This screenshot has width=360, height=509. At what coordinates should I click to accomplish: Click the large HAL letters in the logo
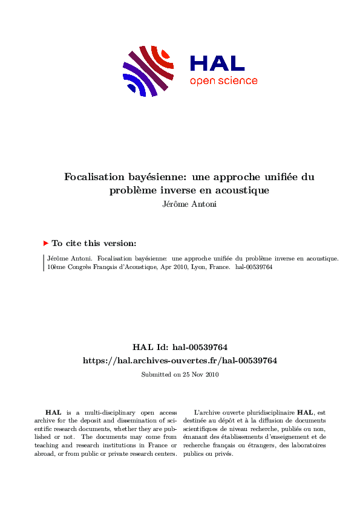[x=217, y=63]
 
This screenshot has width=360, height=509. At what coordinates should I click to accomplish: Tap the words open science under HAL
[x=223, y=81]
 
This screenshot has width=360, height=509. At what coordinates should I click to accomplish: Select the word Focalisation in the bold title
[x=94, y=177]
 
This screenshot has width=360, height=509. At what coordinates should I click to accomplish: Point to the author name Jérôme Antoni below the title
[x=180, y=204]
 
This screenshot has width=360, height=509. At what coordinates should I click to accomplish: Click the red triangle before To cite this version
[x=45, y=243]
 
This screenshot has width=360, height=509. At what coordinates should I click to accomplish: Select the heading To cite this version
[x=94, y=243]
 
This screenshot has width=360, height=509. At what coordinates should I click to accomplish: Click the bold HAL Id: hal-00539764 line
[x=180, y=347]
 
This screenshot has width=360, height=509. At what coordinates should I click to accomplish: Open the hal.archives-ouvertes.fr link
[x=180, y=360]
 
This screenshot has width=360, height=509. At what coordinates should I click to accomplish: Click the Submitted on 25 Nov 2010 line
[x=180, y=374]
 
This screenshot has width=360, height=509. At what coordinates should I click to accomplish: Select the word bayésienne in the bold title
[x=157, y=177]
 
